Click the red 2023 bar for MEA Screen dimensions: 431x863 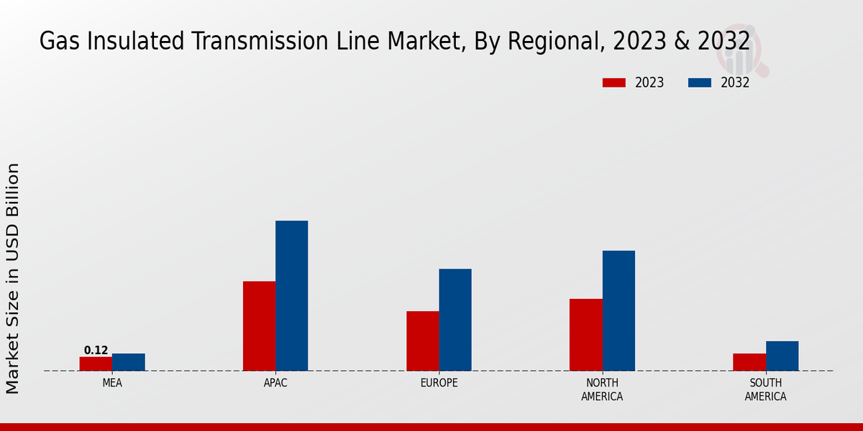[96, 363]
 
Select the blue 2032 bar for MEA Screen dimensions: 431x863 [128, 362]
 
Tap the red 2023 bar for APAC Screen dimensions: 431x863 [259, 326]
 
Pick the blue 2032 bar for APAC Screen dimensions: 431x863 [291, 296]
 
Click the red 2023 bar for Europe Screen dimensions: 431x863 [422, 341]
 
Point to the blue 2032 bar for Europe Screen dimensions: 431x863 [455, 320]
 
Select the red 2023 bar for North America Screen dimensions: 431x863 [585, 335]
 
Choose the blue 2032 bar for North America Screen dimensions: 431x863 [618, 311]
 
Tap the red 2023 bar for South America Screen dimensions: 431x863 [749, 362]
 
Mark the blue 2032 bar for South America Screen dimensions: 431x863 [782, 356]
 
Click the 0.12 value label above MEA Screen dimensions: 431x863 [96, 351]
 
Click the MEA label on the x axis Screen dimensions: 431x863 [112, 383]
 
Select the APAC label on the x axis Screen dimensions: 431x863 [275, 383]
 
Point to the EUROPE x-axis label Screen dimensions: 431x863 [439, 383]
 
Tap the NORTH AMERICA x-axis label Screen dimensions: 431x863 [602, 389]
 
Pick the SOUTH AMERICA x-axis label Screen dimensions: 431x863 [765, 389]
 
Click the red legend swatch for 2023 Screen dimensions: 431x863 [613, 83]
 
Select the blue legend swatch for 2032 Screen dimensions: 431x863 [699, 83]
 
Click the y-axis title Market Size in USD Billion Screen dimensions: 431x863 [13, 278]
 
